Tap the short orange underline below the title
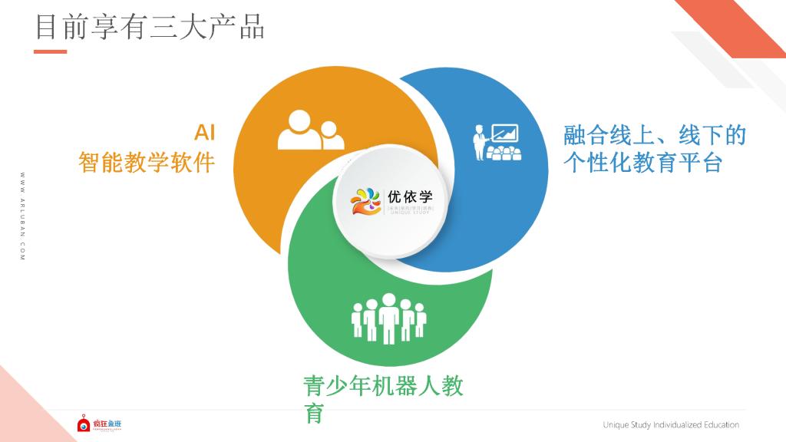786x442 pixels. (51, 52)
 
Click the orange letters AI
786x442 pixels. (204, 133)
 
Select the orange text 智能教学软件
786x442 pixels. (147, 163)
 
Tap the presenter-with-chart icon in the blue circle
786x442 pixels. (495, 143)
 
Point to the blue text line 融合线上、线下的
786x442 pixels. (655, 137)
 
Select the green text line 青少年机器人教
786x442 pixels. (383, 386)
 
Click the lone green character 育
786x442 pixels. (314, 414)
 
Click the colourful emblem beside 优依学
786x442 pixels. (366, 200)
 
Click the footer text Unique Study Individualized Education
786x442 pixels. (671, 425)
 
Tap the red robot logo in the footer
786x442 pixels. (84, 424)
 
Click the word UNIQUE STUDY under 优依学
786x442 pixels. (411, 213)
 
